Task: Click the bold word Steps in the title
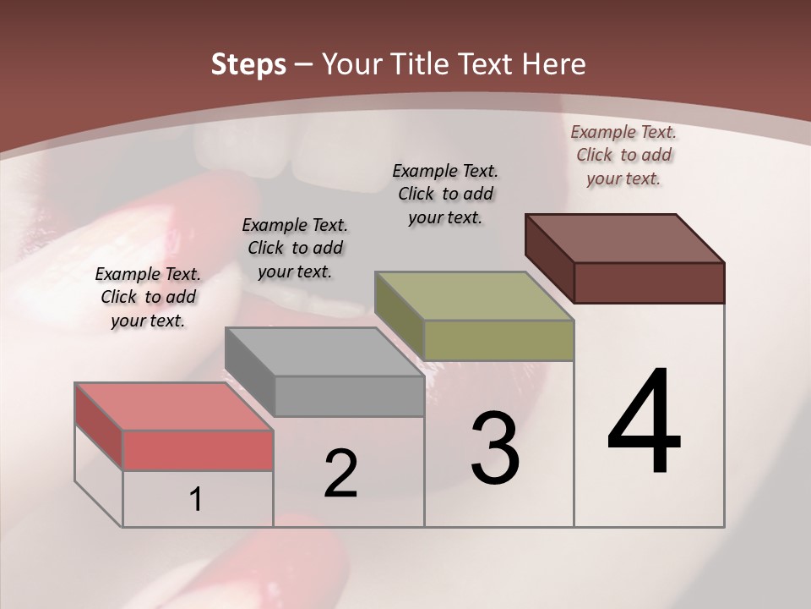coord(248,64)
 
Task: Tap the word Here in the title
coord(554,64)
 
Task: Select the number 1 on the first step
coord(196,500)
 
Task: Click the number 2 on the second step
coord(340,474)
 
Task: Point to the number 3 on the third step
coord(495,448)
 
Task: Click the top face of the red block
coord(174,407)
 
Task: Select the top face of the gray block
coord(324,352)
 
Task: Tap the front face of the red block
coord(198,450)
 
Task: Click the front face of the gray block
coord(349,396)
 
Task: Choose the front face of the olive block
coord(498,340)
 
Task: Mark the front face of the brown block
coord(649,283)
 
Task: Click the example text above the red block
coord(148,297)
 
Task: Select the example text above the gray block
coord(295,248)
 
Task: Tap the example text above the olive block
coord(445,194)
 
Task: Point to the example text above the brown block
coord(623,155)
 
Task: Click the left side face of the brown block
coord(549,259)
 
